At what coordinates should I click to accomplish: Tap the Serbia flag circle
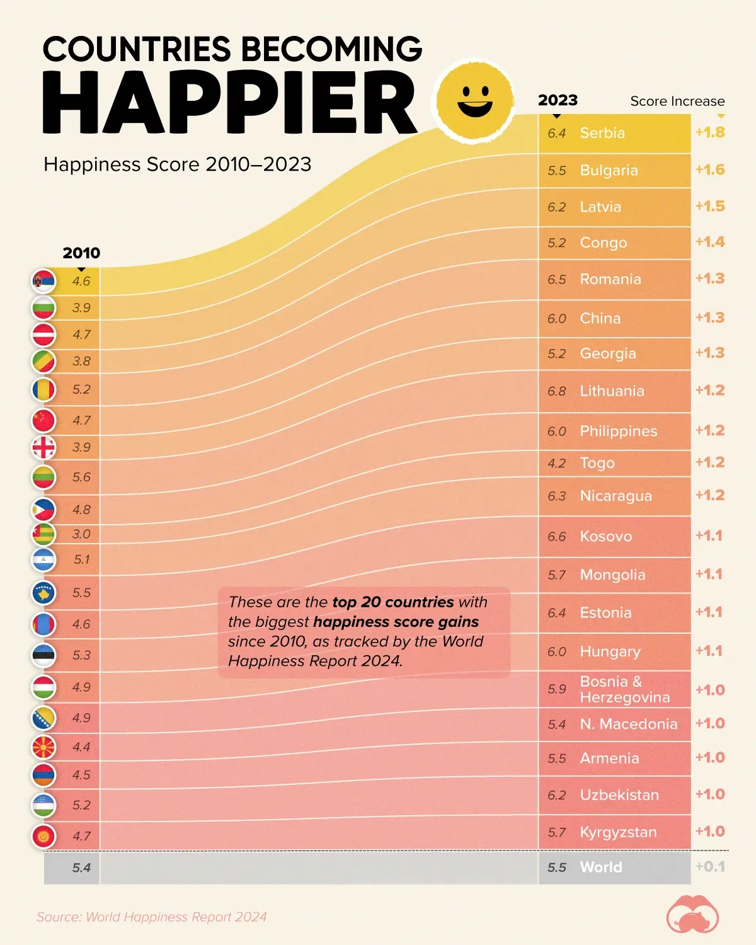click(x=44, y=281)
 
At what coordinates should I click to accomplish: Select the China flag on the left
click(x=44, y=420)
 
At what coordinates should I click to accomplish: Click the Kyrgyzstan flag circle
click(x=44, y=837)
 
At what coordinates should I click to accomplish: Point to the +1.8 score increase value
click(x=710, y=132)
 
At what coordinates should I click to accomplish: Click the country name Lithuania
click(x=612, y=391)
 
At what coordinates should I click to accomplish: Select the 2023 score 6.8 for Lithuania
click(x=557, y=391)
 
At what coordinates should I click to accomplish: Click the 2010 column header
click(x=81, y=253)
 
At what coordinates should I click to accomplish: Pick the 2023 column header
click(x=558, y=100)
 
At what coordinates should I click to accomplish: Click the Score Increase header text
click(x=677, y=101)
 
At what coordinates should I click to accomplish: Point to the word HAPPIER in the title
click(x=230, y=103)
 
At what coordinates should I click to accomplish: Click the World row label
click(x=601, y=868)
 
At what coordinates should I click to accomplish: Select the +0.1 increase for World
click(x=710, y=867)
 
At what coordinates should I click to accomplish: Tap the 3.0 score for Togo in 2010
click(x=81, y=534)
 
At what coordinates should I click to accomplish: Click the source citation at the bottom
click(x=151, y=917)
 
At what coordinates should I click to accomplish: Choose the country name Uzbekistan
click(x=619, y=795)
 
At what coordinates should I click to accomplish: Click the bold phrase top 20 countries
click(x=392, y=602)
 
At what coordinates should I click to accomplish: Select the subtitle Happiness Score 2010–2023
click(x=178, y=164)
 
